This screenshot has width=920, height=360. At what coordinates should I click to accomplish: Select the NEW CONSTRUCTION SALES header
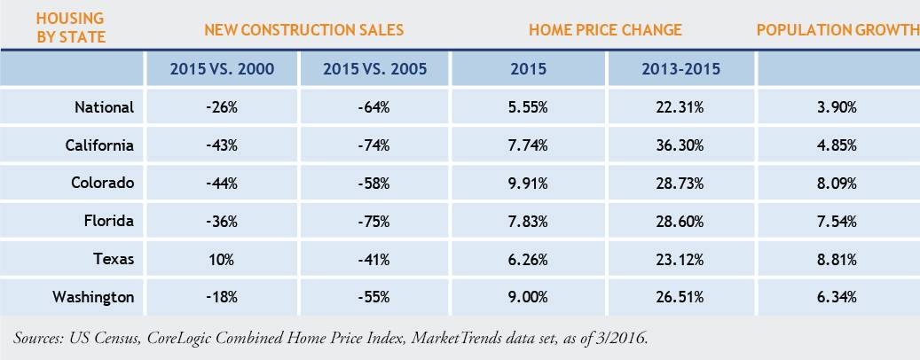click(303, 30)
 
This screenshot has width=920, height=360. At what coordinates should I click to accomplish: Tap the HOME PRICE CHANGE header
click(605, 30)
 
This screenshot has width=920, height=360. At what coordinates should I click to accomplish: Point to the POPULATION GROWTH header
click(837, 30)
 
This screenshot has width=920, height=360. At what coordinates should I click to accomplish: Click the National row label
click(104, 107)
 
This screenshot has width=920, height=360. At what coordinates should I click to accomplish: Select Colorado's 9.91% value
click(529, 183)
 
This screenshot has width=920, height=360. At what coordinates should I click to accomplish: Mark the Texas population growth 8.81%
click(837, 259)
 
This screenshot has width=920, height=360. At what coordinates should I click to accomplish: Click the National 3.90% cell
click(837, 107)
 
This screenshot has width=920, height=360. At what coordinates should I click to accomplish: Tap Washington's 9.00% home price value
click(529, 297)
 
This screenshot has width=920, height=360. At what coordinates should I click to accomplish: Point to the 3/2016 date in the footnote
click(625, 338)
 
